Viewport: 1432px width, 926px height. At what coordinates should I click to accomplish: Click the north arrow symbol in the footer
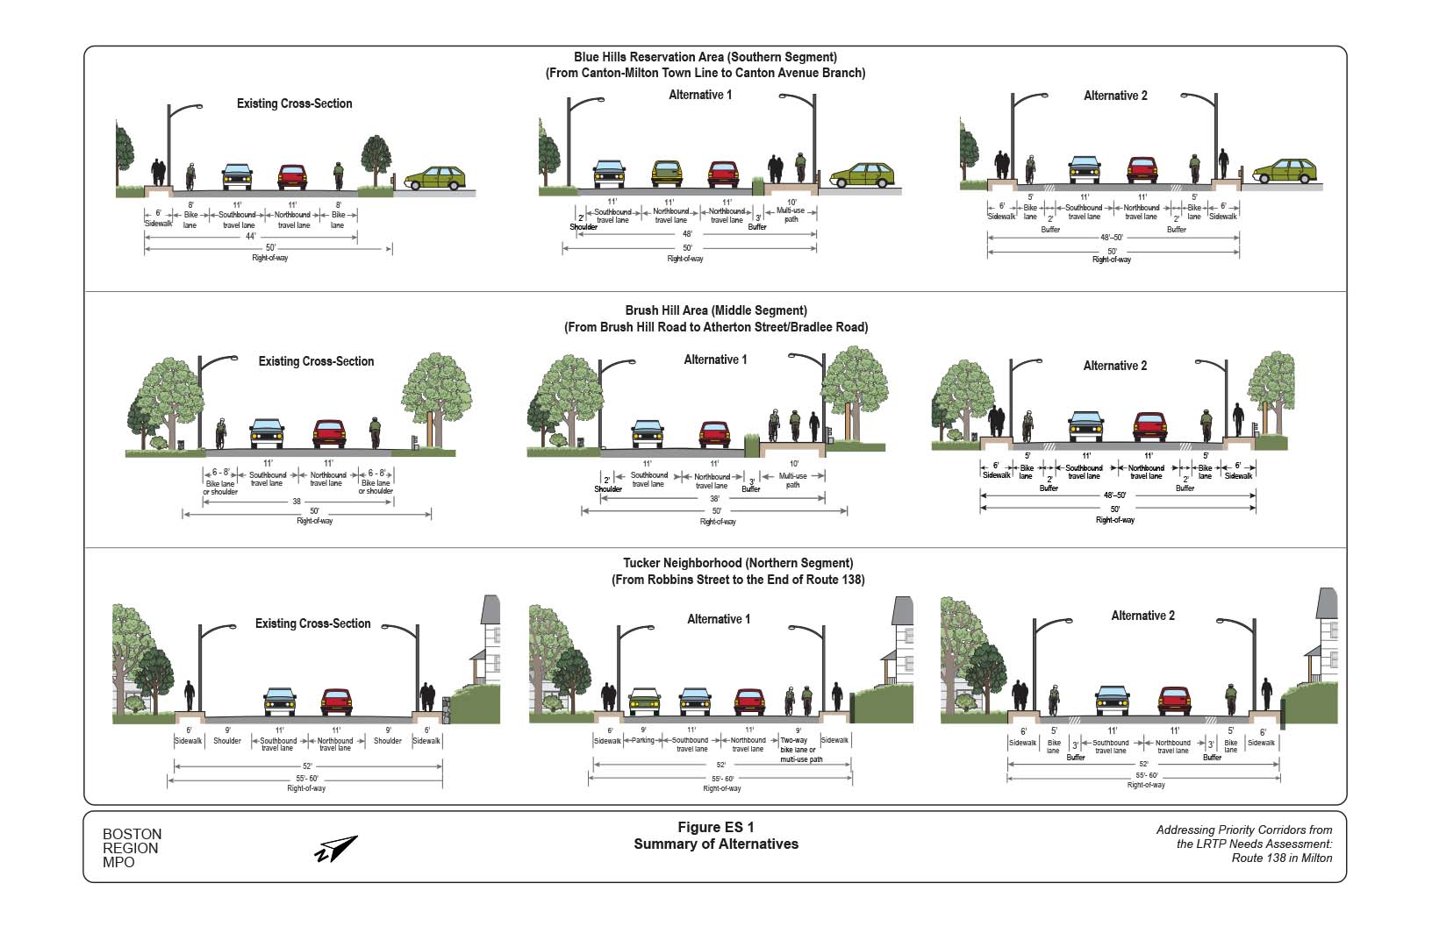pyautogui.click(x=336, y=849)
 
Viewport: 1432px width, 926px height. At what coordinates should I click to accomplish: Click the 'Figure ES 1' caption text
pyautogui.click(x=715, y=827)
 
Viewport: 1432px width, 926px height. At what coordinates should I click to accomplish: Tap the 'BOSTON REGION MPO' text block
pyautogui.click(x=132, y=848)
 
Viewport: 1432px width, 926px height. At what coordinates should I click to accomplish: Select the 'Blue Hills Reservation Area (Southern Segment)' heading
pyautogui.click(x=705, y=57)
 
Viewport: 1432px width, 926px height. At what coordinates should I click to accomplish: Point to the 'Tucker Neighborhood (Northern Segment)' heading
pyautogui.click(x=738, y=563)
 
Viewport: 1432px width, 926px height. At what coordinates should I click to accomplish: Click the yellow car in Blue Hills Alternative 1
pyautogui.click(x=667, y=174)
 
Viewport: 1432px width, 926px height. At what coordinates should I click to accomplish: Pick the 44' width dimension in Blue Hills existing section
pyautogui.click(x=250, y=237)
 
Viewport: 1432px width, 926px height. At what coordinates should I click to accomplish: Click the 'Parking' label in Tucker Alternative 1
pyautogui.click(x=643, y=740)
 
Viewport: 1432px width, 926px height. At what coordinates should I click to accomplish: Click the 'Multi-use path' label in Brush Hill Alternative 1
pyautogui.click(x=793, y=480)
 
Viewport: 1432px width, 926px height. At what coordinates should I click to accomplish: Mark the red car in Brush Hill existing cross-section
pyautogui.click(x=329, y=433)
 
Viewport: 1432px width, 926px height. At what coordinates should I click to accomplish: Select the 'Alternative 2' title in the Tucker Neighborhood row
pyautogui.click(x=1142, y=616)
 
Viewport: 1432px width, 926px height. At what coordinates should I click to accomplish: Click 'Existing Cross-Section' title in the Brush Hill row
pyautogui.click(x=316, y=361)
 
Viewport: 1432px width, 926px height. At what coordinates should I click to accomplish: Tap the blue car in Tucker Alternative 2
pyautogui.click(x=1112, y=700)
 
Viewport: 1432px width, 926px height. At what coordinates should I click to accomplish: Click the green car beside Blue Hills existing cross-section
pyautogui.click(x=434, y=178)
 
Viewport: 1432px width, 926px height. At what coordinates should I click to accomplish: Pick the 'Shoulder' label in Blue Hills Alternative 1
pyautogui.click(x=584, y=227)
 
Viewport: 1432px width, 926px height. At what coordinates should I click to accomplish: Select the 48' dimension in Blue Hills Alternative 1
pyautogui.click(x=687, y=234)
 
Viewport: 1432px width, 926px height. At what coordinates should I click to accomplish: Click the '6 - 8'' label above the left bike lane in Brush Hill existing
pyautogui.click(x=220, y=473)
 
